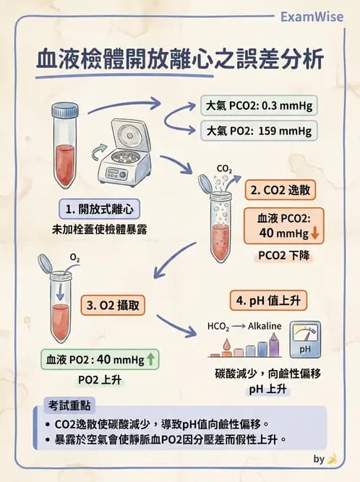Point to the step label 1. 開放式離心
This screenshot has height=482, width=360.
[99, 209]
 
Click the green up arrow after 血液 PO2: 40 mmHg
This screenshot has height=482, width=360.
[150, 359]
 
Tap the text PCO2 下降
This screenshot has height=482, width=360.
[282, 255]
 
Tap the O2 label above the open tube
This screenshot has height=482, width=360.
[74, 257]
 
